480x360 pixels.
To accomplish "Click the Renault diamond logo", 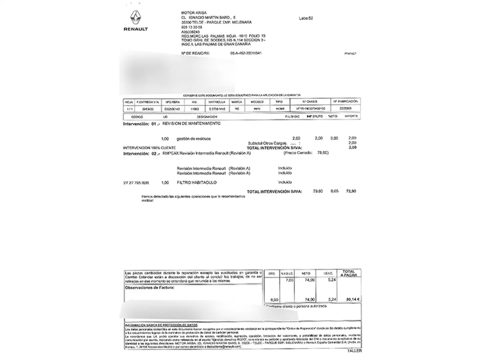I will (x=135, y=18).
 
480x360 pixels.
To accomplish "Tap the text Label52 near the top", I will (x=306, y=18).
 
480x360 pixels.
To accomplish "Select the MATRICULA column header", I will (x=217, y=102).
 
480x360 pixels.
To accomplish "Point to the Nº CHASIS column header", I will (x=310, y=101).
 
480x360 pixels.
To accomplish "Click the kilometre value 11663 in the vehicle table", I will (x=195, y=109).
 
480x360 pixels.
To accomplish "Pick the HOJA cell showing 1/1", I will (x=128, y=109).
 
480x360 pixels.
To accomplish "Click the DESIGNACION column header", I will (x=207, y=117).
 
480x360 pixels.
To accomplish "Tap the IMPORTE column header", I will (x=351, y=116).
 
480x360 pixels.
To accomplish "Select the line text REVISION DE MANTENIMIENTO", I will (x=191, y=123).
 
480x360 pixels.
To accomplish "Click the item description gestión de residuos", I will (x=194, y=139).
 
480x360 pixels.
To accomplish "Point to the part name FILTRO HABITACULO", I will (x=197, y=183).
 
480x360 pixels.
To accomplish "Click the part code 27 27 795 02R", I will (x=136, y=183).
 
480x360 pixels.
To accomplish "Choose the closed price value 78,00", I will (x=322, y=153).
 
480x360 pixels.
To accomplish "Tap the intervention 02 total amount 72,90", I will (x=351, y=191).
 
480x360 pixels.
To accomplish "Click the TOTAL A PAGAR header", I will (x=349, y=273).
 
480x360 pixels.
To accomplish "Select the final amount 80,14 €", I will (x=353, y=299).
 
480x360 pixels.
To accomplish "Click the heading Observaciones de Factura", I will (x=149, y=287).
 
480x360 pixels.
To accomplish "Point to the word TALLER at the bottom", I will (x=354, y=351).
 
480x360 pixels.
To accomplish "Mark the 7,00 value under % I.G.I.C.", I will (x=290, y=280).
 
